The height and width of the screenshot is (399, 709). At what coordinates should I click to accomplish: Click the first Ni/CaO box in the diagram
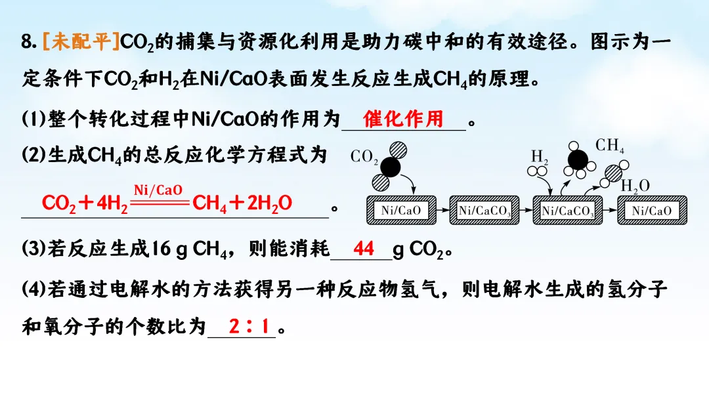tap(400, 210)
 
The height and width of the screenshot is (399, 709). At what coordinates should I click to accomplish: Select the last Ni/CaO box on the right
tap(652, 210)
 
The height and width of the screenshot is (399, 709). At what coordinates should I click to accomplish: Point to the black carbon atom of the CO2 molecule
tap(391, 167)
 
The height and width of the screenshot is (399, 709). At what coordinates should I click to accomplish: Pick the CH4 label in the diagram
tap(610, 146)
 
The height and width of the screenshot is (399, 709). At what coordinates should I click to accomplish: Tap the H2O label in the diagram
tap(635, 186)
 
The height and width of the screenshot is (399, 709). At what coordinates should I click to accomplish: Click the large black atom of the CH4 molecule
tap(578, 159)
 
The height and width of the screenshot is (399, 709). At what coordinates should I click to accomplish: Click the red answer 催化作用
tap(403, 119)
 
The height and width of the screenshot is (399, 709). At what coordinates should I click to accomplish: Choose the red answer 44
tap(364, 249)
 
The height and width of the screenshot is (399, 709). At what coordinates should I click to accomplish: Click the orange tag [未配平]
tap(81, 43)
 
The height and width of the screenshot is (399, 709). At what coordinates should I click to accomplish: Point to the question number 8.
tap(26, 43)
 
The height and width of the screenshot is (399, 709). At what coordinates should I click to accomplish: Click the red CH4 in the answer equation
tap(209, 204)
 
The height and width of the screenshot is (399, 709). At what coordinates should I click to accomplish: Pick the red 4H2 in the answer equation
tap(112, 204)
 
